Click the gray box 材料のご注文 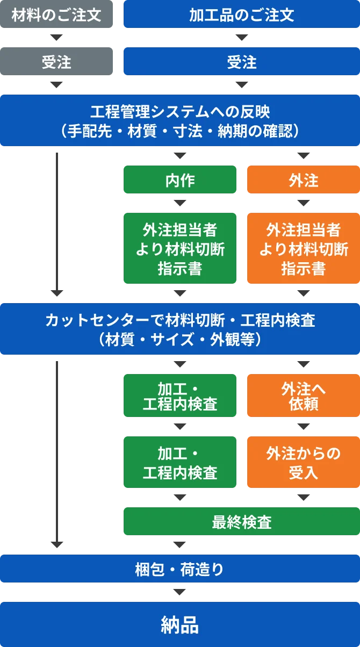(56, 14)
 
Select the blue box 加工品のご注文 (242, 14)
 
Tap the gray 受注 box (56, 61)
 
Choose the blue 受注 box (242, 61)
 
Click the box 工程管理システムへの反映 (180, 120)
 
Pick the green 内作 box (180, 179)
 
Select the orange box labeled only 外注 (304, 179)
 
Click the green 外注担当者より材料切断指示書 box (180, 248)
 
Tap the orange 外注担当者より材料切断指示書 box (304, 248)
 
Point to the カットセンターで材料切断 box (180, 329)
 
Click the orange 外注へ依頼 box (304, 396)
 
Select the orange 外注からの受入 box (304, 462)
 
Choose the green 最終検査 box (242, 521)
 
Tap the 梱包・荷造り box (180, 569)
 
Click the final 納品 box (180, 624)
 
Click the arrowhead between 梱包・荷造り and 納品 (179, 592)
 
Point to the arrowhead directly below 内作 (180, 203)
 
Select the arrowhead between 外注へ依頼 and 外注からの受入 (304, 427)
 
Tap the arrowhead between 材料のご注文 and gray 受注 (56, 38)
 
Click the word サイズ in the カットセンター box (172, 339)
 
